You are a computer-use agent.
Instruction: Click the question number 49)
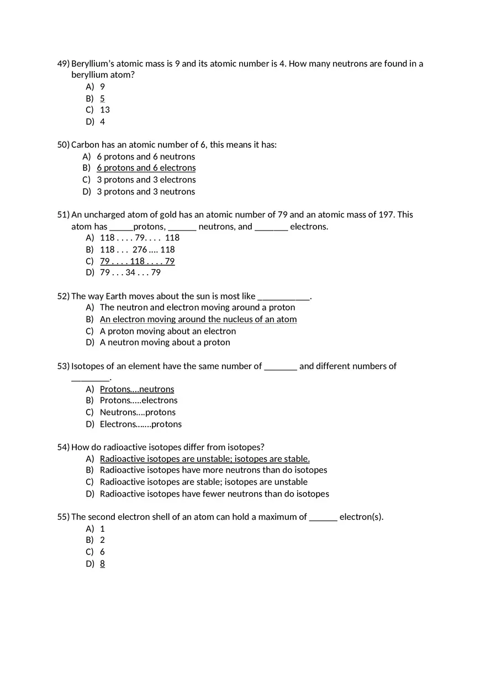click(63, 64)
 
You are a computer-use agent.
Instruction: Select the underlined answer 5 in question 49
click(102, 98)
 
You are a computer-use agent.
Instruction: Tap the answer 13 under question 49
click(105, 110)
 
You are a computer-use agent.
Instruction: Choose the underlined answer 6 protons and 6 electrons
click(146, 168)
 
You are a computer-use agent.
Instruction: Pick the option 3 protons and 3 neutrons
click(146, 191)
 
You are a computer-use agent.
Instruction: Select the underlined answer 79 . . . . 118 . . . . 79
click(137, 261)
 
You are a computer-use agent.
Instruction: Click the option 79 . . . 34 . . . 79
click(130, 273)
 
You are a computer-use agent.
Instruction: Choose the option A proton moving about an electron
click(168, 331)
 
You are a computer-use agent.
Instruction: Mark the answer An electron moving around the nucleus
click(198, 319)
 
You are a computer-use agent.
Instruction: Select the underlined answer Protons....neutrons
click(137, 389)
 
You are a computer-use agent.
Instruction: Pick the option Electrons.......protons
click(141, 424)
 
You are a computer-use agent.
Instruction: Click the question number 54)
click(63, 447)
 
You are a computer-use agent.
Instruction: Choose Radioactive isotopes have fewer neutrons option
click(214, 494)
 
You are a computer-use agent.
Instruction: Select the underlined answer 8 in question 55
click(102, 563)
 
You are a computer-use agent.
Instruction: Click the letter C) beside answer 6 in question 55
click(89, 552)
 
